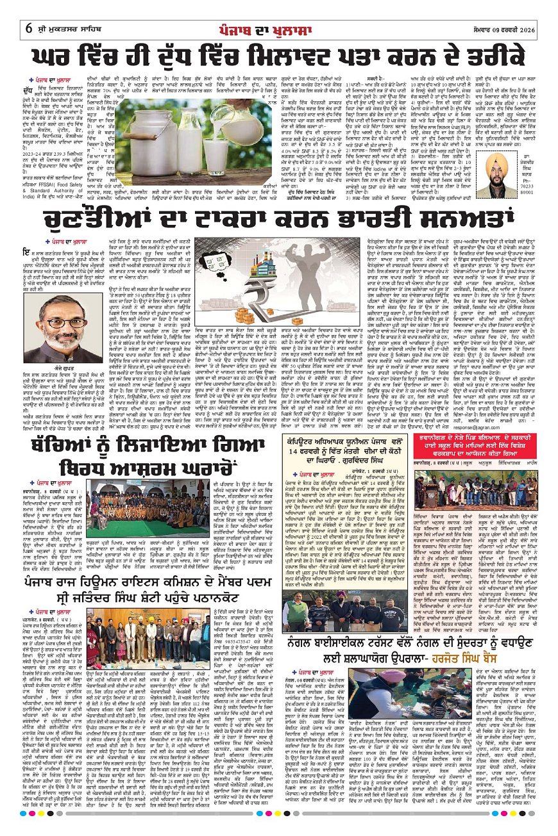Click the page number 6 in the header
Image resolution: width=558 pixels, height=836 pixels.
pyautogui.click(x=30, y=12)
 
